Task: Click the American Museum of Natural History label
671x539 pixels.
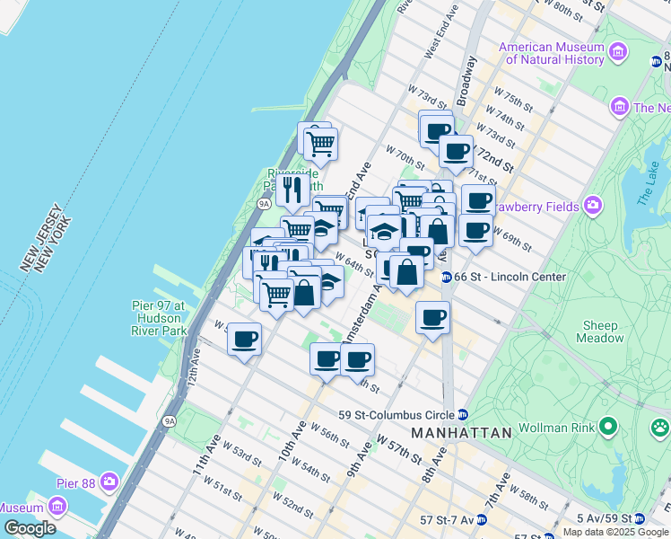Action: (552, 54)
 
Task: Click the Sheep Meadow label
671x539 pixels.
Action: (600, 332)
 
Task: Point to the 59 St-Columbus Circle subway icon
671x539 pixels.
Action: (463, 415)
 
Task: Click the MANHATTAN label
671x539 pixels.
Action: (461, 433)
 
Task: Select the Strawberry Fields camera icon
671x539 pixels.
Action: (593, 207)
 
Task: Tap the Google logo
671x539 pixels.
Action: (30, 527)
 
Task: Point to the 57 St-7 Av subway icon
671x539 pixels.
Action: (482, 519)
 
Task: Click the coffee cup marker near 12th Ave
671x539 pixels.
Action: (243, 340)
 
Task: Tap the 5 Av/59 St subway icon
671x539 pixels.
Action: (639, 519)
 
